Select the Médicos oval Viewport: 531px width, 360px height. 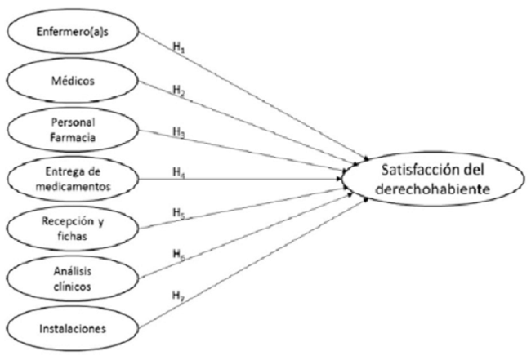[x=74, y=82]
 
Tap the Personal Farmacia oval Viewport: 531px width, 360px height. [x=74, y=131]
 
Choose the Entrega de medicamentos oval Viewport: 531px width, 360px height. [x=74, y=179]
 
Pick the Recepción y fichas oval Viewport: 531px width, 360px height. [x=74, y=226]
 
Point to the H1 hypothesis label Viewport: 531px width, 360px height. [x=176, y=47]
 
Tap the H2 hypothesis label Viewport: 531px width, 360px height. [x=176, y=89]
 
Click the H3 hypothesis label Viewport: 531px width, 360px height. [x=176, y=131]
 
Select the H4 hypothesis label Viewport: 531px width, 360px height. [x=176, y=172]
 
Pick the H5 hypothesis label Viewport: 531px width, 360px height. [x=176, y=213]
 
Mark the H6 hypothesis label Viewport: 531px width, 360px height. [x=176, y=254]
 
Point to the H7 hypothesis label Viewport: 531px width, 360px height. [x=177, y=296]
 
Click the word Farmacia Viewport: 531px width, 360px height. [x=74, y=137]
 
